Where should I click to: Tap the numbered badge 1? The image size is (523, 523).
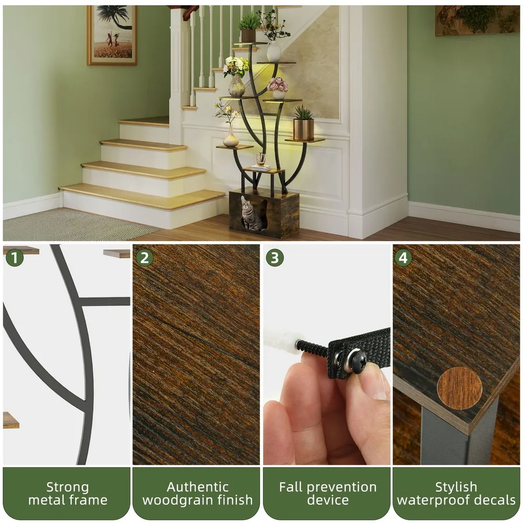(14, 257)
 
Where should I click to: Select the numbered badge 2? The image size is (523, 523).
(144, 257)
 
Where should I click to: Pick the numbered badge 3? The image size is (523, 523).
(275, 257)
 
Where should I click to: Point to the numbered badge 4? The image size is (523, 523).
(403, 257)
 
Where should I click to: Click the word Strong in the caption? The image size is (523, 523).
(67, 487)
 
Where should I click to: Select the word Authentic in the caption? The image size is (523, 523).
(198, 487)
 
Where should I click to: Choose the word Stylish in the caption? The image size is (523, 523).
(456, 487)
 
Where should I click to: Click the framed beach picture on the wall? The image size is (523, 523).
(112, 35)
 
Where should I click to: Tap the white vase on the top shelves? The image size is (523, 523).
(274, 52)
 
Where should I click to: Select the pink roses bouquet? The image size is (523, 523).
(278, 84)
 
